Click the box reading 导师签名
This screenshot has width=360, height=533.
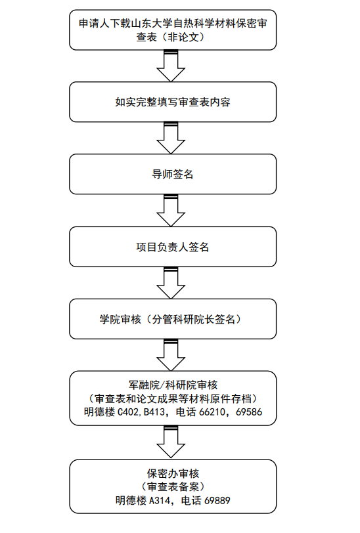pyautogui.click(x=173, y=174)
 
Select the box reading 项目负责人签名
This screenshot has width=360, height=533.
pyautogui.click(x=173, y=247)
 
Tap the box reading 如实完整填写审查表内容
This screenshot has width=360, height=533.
pyautogui.click(x=173, y=102)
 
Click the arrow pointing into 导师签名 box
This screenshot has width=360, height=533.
pyautogui.click(x=171, y=138)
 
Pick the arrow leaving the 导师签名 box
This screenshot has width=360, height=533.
pyautogui.click(x=171, y=210)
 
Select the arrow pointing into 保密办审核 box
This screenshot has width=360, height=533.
pyautogui.click(x=171, y=442)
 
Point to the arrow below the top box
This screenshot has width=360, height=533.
pyautogui.click(x=171, y=66)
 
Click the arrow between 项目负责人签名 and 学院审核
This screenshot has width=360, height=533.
pyautogui.click(x=171, y=282)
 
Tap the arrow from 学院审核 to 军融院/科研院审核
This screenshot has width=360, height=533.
pyautogui.click(x=171, y=354)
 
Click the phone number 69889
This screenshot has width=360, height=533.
pyautogui.click(x=217, y=500)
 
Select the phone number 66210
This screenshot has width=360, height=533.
pyautogui.click(x=212, y=412)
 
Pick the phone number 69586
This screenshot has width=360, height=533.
pyautogui.click(x=249, y=412)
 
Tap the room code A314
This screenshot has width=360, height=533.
pyautogui.click(x=160, y=500)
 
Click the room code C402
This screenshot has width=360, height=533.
pyautogui.click(x=128, y=412)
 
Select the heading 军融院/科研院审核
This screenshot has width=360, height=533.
pyautogui.click(x=173, y=385)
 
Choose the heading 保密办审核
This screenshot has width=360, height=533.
pyautogui.click(x=173, y=473)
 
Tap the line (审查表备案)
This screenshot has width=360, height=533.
pyautogui.click(x=173, y=487)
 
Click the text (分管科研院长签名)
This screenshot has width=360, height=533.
pyautogui.click(x=193, y=319)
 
